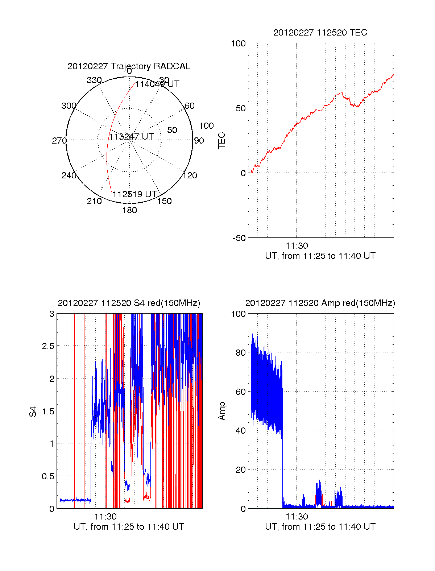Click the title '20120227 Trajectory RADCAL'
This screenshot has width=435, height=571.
[129, 66]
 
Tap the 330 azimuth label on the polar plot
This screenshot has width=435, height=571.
[94, 80]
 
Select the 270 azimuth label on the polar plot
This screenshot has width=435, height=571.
[59, 141]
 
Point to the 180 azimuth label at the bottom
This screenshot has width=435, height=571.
[129, 210]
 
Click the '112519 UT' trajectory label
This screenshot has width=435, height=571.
[134, 194]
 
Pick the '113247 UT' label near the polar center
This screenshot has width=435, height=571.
[132, 137]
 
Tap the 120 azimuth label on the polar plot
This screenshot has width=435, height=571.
[190, 175]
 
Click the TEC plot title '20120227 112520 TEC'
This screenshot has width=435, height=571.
[320, 33]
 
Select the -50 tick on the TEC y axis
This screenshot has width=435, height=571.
[239, 238]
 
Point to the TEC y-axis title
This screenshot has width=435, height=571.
[221, 141]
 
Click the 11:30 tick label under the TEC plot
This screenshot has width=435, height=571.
[297, 246]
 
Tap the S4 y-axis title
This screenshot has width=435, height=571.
[33, 411]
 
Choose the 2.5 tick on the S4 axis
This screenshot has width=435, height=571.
[48, 346]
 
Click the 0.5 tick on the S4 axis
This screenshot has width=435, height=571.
[48, 476]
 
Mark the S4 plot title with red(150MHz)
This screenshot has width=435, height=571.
[129, 303]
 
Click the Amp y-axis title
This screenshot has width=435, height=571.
[221, 411]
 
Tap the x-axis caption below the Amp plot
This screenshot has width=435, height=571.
[320, 527]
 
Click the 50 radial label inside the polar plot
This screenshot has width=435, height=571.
[172, 130]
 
